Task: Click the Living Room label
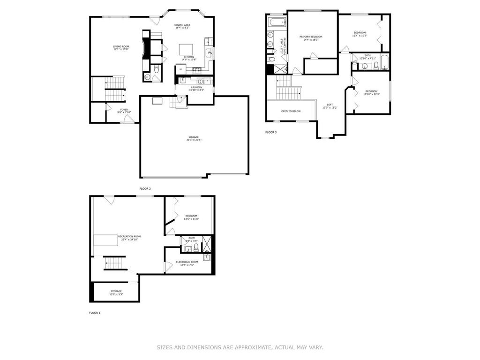tap(120, 46)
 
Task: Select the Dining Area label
tap(182, 25)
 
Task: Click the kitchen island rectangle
tap(186, 49)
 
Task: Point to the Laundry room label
tap(196, 87)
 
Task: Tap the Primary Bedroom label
tap(311, 37)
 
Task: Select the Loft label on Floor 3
tap(330, 105)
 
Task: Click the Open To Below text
tap(291, 111)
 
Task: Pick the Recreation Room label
tap(129, 236)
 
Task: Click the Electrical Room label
tap(187, 262)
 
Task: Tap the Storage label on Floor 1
tap(116, 291)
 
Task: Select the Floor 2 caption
tap(145, 188)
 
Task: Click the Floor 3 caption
tap(271, 132)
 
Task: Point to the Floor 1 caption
tap(95, 313)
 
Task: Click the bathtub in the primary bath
tap(276, 22)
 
